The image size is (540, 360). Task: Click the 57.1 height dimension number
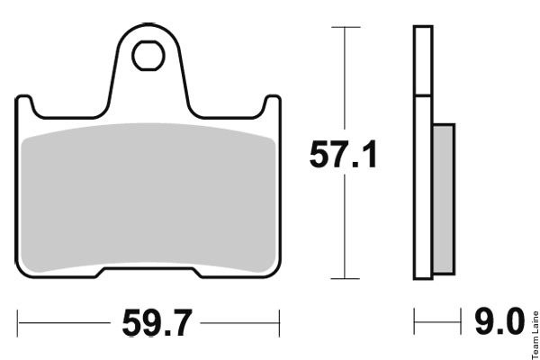click(344, 154)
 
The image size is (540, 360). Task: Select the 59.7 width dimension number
click(157, 323)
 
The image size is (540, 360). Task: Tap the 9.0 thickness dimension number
click(500, 322)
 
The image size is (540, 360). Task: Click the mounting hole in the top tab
click(148, 56)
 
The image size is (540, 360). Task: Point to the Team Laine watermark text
click(535, 335)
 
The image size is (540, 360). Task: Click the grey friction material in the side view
click(444, 199)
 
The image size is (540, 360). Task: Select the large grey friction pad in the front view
click(148, 198)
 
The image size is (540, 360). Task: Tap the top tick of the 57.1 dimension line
click(346, 27)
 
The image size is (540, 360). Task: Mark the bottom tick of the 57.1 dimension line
click(345, 278)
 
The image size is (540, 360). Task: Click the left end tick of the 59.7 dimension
click(18, 323)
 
